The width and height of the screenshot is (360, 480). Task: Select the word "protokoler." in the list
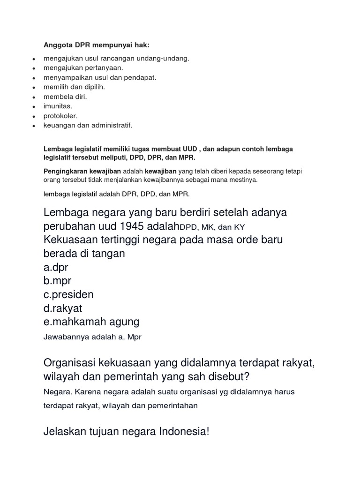[60, 116]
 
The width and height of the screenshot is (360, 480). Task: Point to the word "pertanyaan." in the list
[103, 68]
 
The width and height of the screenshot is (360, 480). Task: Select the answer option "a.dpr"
[59, 267]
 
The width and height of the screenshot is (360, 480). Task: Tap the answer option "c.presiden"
[69, 294]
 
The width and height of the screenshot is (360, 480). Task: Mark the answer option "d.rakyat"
[63, 308]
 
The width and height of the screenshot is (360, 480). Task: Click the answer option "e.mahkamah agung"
[91, 322]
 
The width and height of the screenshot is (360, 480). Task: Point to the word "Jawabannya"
[63, 337]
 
